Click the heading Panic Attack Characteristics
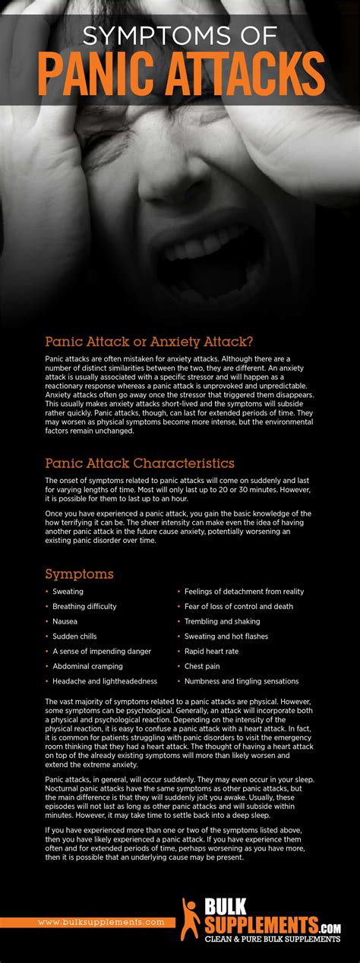(140, 463)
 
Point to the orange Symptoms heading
(79, 573)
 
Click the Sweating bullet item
(68, 591)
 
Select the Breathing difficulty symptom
(84, 606)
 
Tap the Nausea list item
(65, 621)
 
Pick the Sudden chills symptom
(74, 636)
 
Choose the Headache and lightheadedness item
(104, 681)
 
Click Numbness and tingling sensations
(242, 681)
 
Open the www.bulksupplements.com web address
(101, 922)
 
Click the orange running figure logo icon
(191, 919)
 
